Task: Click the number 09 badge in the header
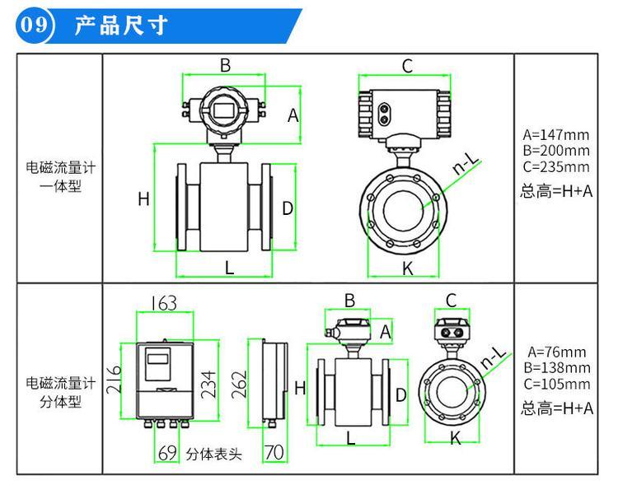[35, 25]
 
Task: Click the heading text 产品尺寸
[120, 26]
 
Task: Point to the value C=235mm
[556, 166]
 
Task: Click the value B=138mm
[556, 367]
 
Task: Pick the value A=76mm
[556, 352]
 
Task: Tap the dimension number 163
[163, 304]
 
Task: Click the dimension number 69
[167, 452]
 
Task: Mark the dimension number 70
[274, 452]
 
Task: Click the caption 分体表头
[214, 453]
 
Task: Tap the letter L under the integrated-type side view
[229, 267]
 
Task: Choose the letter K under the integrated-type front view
[407, 268]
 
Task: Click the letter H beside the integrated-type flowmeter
[143, 198]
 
